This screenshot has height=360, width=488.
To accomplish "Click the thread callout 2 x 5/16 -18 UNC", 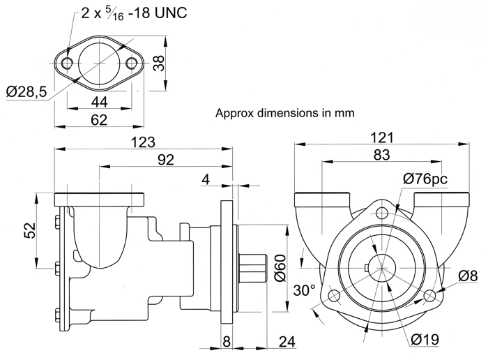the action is [134, 13].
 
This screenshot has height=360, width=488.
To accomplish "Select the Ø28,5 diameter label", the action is [26, 92].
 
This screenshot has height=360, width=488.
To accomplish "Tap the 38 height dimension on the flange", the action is [159, 63].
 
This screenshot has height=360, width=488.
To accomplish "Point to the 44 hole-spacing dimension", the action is [100, 102].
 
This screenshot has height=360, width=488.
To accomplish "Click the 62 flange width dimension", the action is [99, 120].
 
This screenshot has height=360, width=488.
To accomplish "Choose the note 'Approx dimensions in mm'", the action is [284, 113].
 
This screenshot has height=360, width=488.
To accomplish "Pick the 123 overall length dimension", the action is [143, 142].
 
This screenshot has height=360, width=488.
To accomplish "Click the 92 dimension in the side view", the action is [166, 160].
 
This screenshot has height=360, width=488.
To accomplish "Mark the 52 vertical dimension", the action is [30, 230].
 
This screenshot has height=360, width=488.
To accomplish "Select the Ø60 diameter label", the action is [280, 268].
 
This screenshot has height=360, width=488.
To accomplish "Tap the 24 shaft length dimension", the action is [287, 342].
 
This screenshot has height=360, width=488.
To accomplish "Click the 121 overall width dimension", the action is [382, 137].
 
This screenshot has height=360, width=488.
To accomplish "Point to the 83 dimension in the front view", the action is [381, 155].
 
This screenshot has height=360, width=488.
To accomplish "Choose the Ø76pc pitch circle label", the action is [425, 179].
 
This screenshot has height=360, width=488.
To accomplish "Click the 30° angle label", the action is [305, 290].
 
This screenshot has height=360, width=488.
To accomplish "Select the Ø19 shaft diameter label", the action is [425, 339].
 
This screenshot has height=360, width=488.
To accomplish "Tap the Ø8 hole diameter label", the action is [468, 276].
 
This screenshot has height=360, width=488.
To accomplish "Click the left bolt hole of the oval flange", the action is [67, 63].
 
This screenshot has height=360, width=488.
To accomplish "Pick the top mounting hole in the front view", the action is [382, 213].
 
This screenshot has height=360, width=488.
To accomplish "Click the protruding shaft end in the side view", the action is [252, 269].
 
